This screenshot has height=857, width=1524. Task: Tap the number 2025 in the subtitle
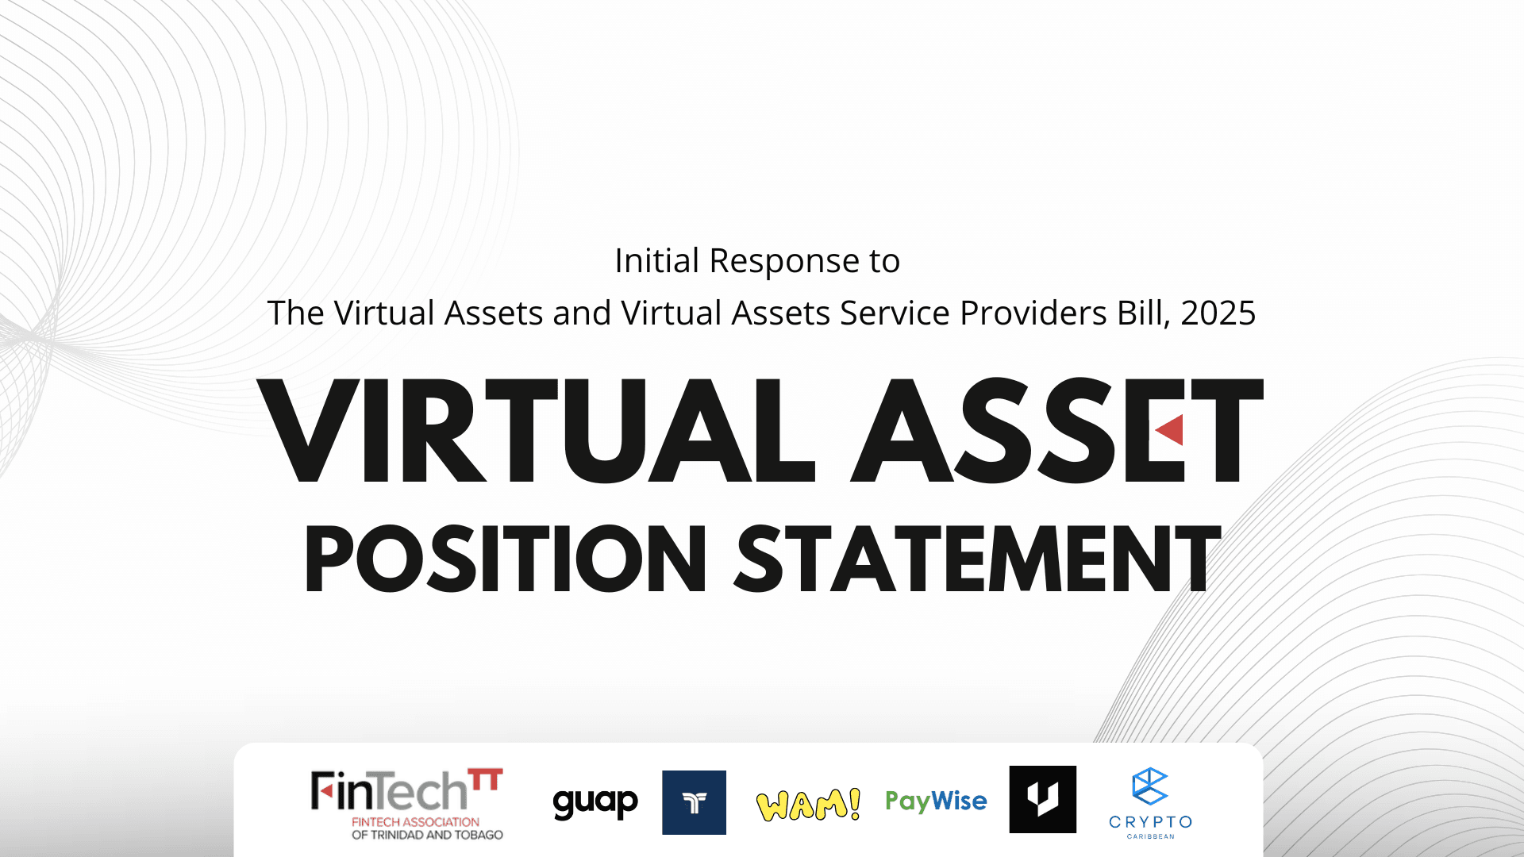1218,313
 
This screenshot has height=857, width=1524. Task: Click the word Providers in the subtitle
1033,313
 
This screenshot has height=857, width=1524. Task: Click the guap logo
595,803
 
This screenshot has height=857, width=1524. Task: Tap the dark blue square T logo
694,802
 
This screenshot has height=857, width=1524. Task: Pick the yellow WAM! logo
808,805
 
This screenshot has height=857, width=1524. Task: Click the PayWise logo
936,801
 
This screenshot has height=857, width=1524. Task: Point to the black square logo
1042,799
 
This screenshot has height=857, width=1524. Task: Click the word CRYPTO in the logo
1150,822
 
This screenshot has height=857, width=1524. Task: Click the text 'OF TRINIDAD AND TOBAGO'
427,835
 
